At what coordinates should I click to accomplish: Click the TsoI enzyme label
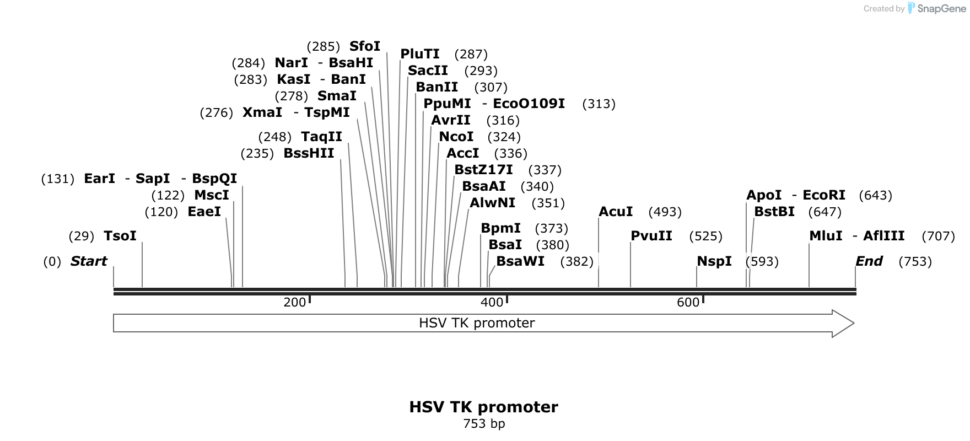(120, 236)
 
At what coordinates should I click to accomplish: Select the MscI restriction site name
(212, 195)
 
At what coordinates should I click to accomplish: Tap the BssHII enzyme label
(309, 153)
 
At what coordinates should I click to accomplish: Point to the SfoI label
(365, 46)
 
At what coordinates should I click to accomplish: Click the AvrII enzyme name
(451, 120)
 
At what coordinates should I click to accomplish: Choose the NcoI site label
(456, 137)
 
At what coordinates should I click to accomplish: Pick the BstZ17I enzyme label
(483, 170)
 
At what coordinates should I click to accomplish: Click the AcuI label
(616, 212)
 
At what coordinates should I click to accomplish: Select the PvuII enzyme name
(651, 236)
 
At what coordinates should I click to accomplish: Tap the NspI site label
(714, 261)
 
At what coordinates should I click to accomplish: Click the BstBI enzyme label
(774, 212)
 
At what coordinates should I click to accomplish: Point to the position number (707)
(938, 236)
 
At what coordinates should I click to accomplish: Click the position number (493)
(665, 212)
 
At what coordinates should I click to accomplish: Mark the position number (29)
(82, 236)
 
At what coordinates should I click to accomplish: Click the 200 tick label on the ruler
(294, 302)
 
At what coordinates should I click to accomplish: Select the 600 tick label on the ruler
(688, 302)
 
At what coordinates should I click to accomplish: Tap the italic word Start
(89, 261)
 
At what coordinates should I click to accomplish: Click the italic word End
(869, 261)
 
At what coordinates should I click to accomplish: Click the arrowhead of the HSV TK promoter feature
(843, 323)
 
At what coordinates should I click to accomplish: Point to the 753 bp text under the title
(484, 424)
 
